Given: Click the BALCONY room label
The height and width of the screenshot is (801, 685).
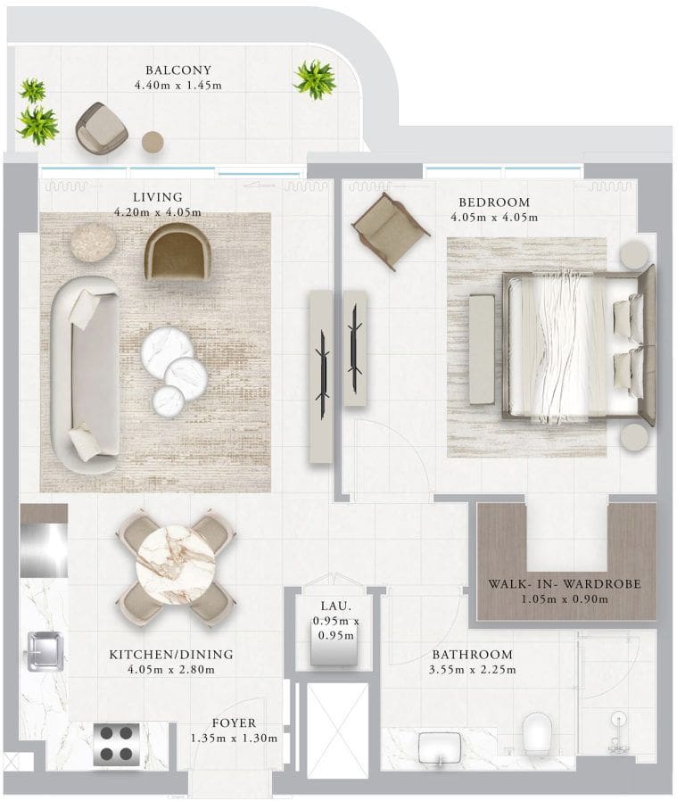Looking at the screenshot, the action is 177,70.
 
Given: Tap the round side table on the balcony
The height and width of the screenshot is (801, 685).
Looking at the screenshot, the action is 153,142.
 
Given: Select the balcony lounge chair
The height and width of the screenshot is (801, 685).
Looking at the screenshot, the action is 101,128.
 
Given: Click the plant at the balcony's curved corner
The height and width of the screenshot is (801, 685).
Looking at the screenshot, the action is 315,79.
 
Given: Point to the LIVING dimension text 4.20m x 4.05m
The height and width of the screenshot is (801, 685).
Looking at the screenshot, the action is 157,212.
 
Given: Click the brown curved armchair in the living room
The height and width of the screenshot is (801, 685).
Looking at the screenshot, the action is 177,252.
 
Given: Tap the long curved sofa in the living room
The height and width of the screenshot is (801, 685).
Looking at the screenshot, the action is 86,375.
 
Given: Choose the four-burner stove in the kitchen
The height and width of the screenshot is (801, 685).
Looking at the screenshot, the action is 117,743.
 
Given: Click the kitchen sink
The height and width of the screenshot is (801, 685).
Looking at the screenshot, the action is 45,651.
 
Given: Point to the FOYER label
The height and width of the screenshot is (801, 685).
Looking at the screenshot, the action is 234,723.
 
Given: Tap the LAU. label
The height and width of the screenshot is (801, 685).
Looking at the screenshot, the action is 336,606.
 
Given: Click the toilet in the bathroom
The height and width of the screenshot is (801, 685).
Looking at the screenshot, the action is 537,733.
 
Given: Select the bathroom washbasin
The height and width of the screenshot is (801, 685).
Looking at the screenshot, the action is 440,749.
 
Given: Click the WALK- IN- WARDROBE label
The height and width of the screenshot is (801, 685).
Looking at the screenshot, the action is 565,584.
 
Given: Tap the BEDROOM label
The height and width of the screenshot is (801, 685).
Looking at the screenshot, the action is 494,202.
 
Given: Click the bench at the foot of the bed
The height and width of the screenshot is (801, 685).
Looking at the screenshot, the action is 482,350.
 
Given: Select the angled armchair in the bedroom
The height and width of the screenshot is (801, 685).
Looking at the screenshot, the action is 391,231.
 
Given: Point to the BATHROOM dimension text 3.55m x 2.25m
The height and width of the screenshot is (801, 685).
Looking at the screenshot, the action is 473,669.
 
